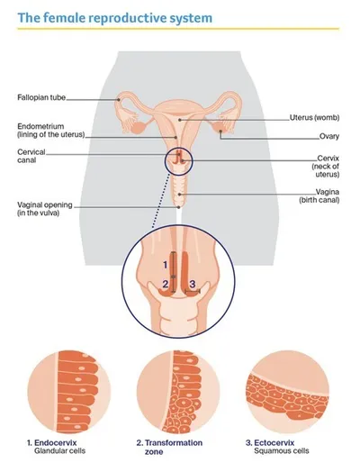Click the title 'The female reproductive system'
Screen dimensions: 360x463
115,18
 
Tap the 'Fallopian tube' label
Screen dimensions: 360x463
41,97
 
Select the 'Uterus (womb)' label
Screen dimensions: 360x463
314,117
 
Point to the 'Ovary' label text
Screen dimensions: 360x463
329,136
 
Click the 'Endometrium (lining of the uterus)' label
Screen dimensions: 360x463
51,131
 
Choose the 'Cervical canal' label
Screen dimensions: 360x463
31,156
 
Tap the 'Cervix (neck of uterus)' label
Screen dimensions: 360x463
326,166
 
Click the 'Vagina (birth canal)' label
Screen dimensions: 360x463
319,195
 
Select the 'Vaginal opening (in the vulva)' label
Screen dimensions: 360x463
45,209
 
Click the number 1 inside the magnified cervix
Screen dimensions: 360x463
165,265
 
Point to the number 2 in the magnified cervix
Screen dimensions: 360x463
166,284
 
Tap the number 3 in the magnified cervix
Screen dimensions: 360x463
193,284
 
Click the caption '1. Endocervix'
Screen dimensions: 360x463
52,442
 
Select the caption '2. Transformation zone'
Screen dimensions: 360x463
169,447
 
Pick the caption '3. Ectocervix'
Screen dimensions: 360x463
270,442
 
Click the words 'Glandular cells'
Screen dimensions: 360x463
59,450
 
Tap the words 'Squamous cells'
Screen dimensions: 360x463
282,450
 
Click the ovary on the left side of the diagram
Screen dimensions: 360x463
139,128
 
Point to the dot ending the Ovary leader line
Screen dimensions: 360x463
220,132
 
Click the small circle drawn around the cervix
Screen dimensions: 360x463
165,162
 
